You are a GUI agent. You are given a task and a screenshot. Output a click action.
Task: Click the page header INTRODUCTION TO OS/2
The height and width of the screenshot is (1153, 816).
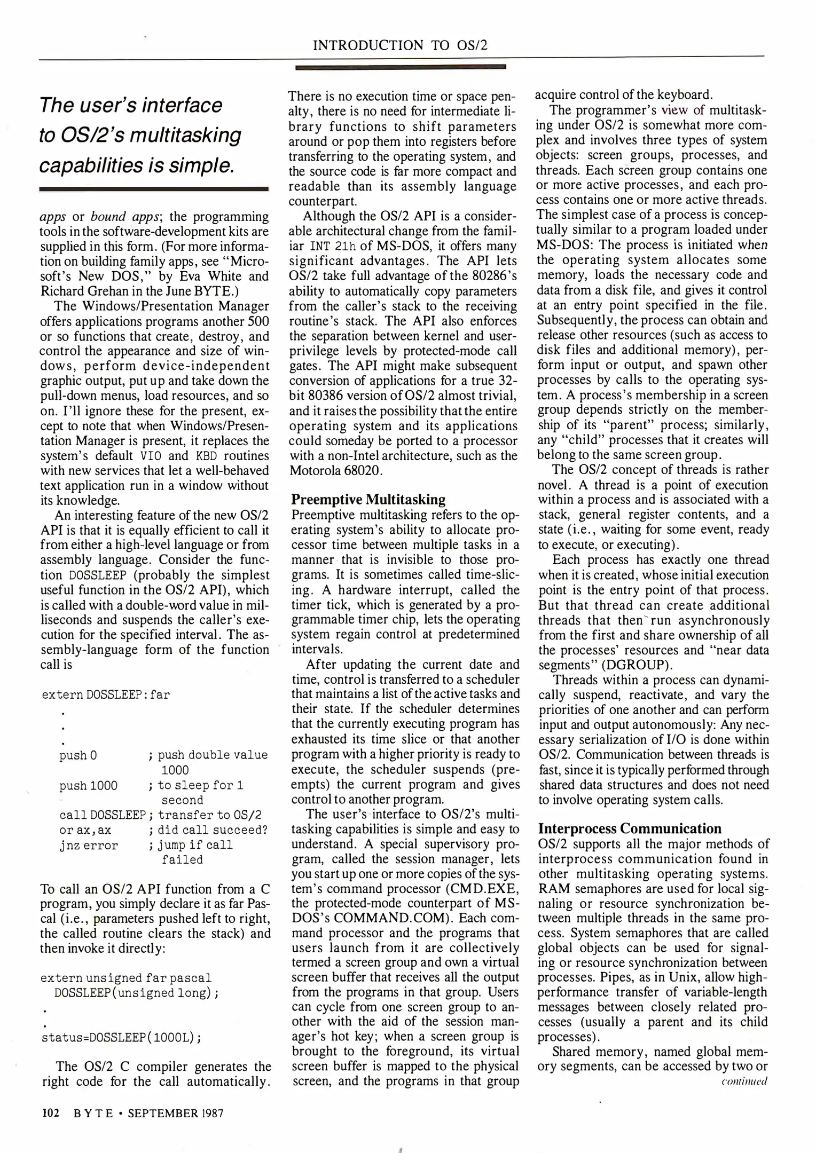pos(400,45)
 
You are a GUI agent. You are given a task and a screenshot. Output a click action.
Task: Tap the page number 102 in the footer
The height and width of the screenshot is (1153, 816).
pos(50,1113)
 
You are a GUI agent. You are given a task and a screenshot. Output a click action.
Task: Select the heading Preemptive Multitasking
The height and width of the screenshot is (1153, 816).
pos(368,500)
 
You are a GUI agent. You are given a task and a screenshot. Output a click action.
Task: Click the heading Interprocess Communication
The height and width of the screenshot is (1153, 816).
pos(630,828)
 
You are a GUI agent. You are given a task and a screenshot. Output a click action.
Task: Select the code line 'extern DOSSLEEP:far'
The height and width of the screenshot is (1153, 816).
pos(106,694)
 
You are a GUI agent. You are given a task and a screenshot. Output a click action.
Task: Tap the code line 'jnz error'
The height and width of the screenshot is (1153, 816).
pos(89,845)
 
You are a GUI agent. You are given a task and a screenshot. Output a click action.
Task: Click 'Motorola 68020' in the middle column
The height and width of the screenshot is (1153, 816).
pos(335,471)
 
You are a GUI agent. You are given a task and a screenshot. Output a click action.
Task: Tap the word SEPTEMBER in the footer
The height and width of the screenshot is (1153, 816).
pos(162,1113)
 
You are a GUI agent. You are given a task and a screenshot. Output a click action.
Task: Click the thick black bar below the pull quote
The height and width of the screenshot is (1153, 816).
pos(154,189)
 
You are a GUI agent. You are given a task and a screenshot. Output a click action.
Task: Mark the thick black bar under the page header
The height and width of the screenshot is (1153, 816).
pos(400,67)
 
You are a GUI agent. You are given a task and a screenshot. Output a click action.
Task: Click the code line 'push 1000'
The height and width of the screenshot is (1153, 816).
pos(89,785)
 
